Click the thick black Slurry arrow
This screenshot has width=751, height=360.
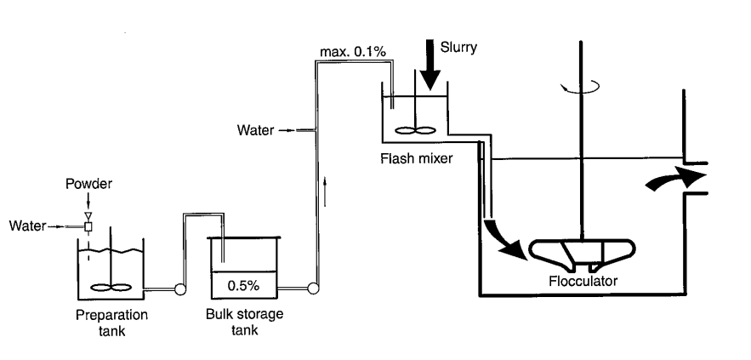[x=430, y=68]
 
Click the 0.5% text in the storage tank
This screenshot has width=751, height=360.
[x=243, y=284]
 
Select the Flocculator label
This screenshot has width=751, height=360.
[x=582, y=279]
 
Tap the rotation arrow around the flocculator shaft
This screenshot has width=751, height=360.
[x=582, y=85]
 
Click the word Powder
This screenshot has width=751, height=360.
[x=88, y=184]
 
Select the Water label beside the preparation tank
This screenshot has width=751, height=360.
[x=26, y=226]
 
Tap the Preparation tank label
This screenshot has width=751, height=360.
[x=111, y=322]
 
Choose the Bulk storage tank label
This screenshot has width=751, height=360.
[x=244, y=322]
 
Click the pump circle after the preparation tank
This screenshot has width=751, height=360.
[x=179, y=289]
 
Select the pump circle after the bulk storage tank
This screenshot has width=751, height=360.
[x=313, y=289]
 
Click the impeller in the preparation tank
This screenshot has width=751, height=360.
[x=111, y=288]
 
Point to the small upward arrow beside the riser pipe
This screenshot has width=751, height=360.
[x=326, y=184]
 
